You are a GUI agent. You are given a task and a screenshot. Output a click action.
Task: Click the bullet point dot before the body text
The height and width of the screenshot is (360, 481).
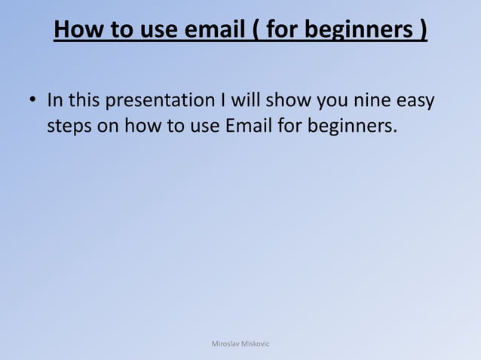33,100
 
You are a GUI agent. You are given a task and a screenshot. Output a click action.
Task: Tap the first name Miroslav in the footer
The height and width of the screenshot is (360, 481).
226,343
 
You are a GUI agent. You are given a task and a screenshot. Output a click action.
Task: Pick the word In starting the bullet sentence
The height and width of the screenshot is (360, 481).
55,100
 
